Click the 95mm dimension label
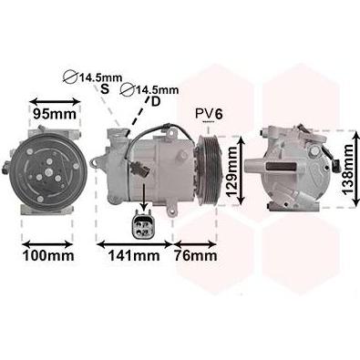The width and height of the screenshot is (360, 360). tap(55, 114)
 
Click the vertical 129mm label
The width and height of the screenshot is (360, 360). tap(232, 170)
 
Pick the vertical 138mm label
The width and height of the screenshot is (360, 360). tap(347, 169)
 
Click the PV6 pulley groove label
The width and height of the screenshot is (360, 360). tap(209, 114)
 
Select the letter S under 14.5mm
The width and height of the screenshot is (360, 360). tap(105, 89)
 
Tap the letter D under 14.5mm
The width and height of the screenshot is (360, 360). tap(156, 102)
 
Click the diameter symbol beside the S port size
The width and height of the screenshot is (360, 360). tap(70, 77)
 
